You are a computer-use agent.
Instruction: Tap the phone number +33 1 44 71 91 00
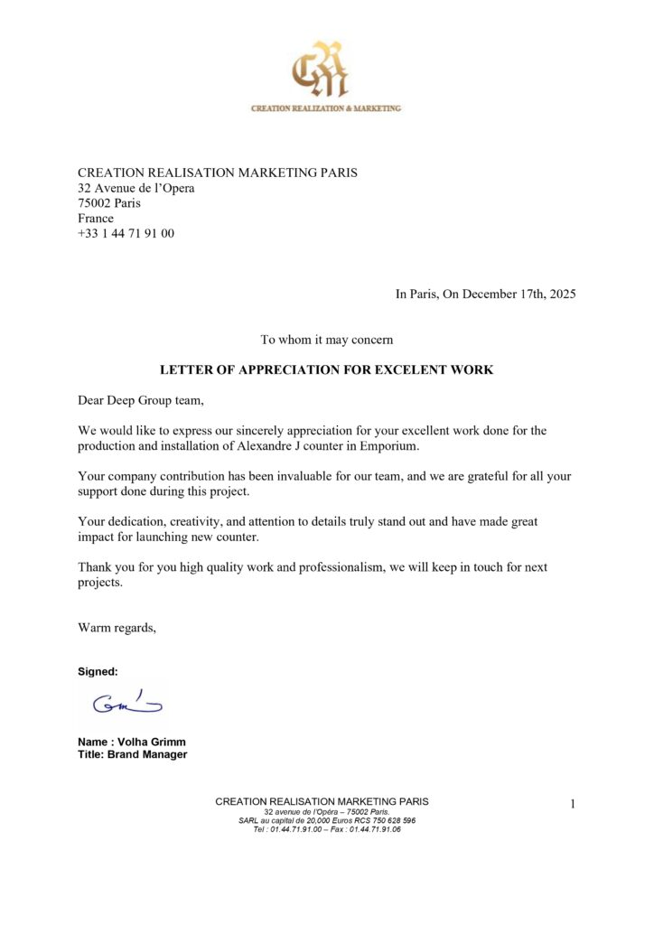pos(126,233)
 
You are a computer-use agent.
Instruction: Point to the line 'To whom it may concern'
pos(327,341)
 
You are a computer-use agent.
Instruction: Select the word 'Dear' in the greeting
pos(91,400)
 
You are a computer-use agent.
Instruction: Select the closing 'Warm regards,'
pos(117,628)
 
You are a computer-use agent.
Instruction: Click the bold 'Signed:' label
pos(98,672)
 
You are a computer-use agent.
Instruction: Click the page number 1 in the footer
pos(573,804)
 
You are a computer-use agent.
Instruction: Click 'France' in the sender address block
pos(96,219)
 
